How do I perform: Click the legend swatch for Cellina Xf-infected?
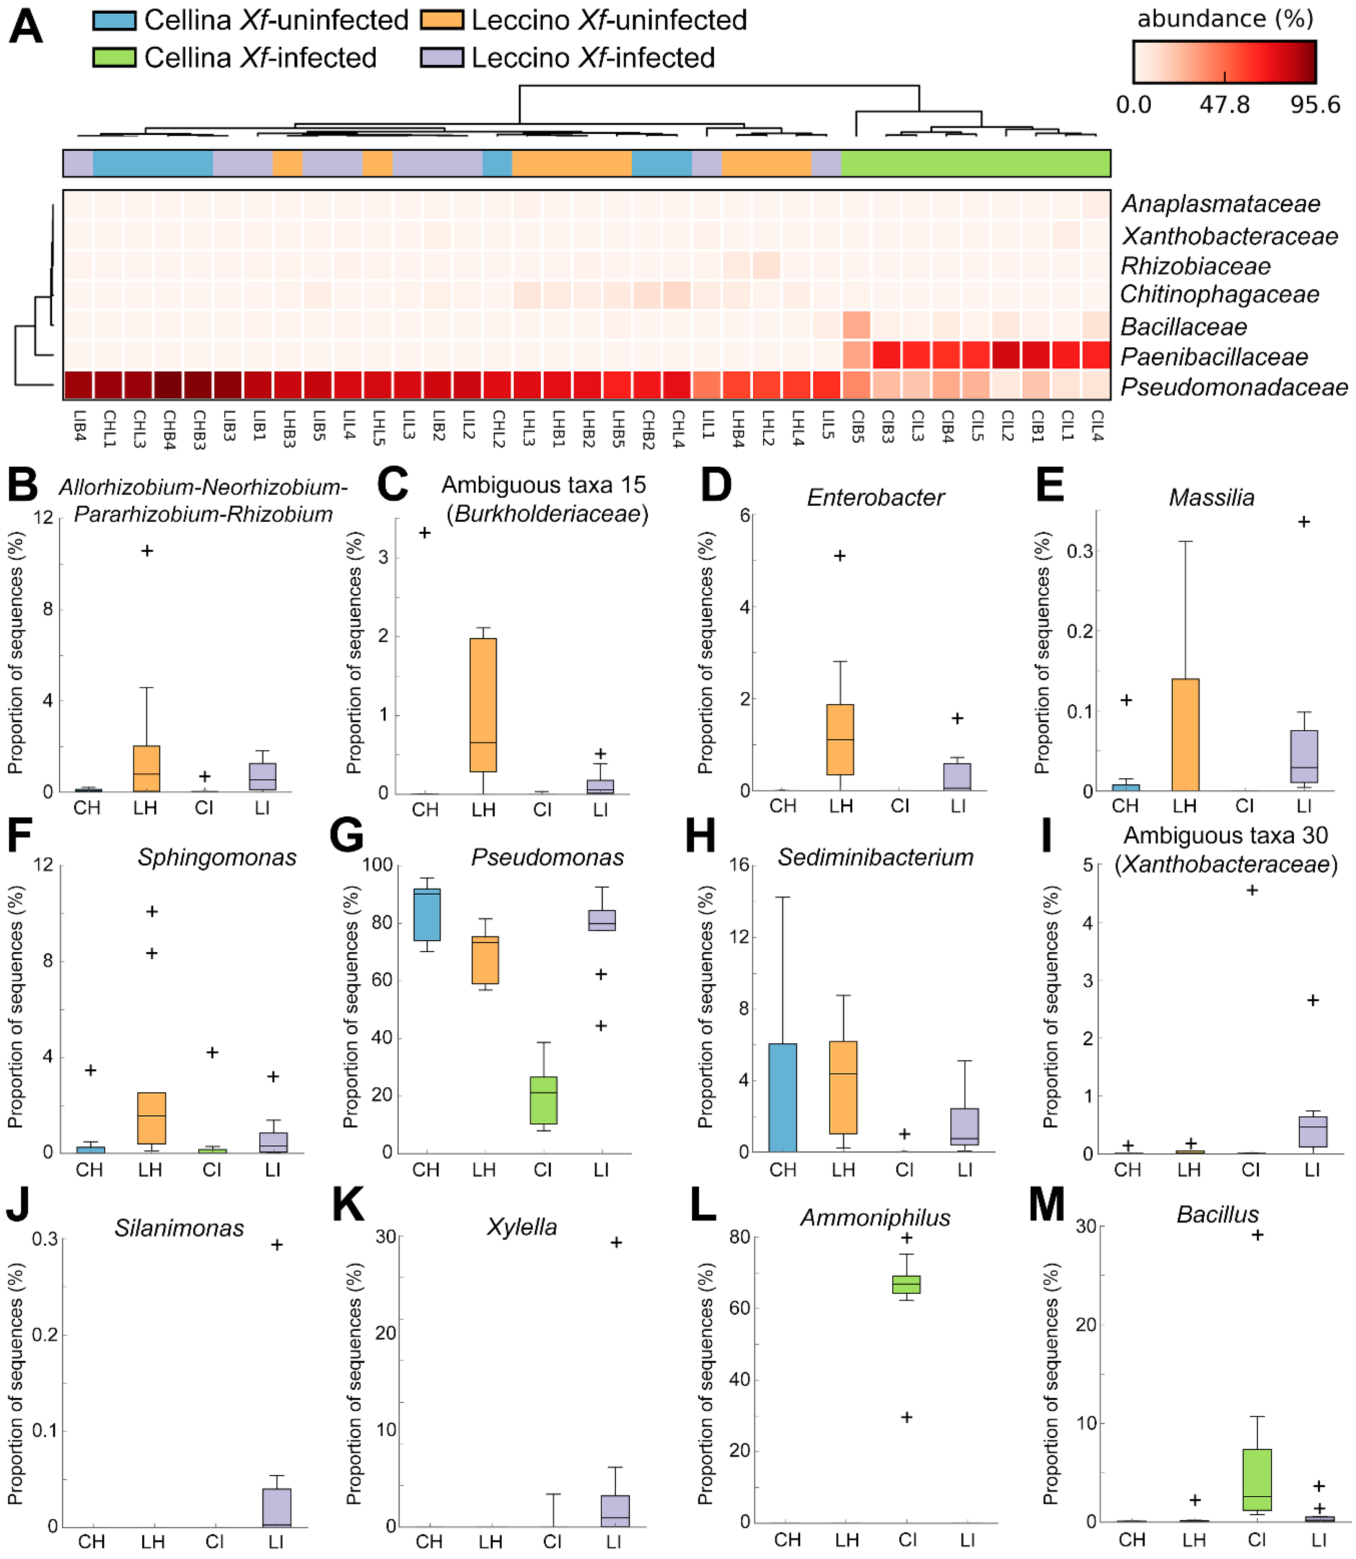click(x=114, y=58)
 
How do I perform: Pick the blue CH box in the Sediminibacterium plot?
click(x=782, y=1097)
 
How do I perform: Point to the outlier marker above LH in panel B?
click(x=147, y=551)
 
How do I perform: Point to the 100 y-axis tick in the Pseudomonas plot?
click(x=377, y=865)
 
